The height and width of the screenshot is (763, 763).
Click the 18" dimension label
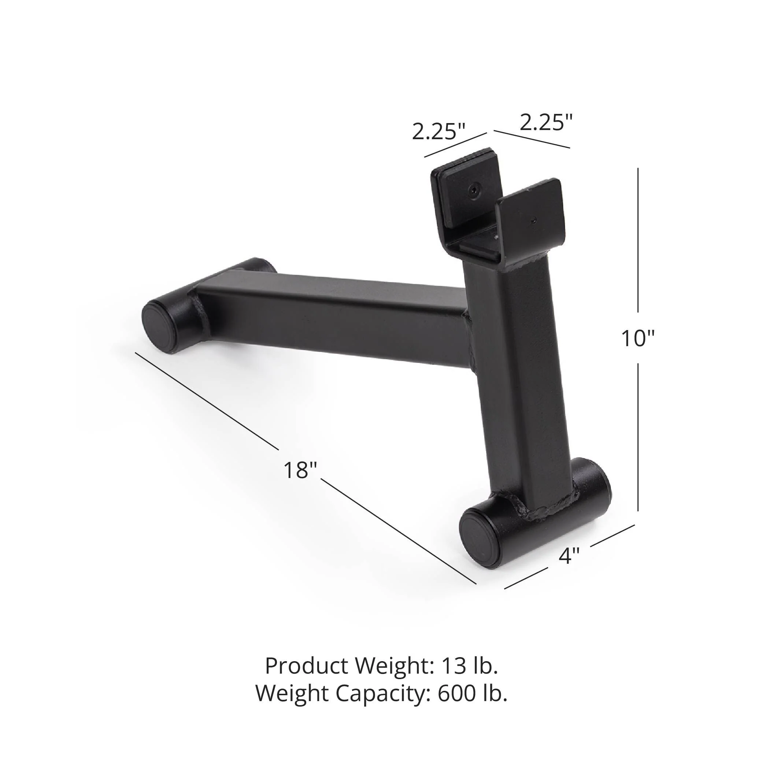[x=300, y=470]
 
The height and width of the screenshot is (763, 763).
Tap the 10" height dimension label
[x=638, y=338]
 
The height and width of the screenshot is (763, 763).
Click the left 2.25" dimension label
[x=439, y=132]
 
